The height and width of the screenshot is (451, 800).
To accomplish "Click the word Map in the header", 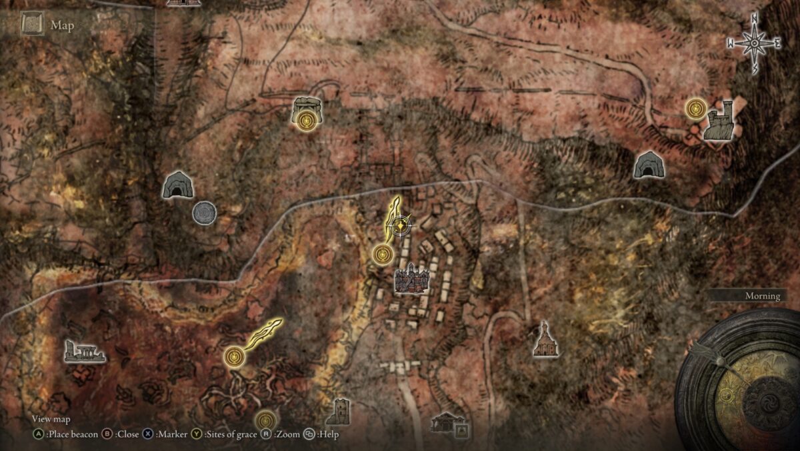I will [62, 26].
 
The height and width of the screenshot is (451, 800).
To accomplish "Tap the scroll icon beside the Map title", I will [32, 25].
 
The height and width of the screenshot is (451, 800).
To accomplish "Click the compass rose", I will [754, 44].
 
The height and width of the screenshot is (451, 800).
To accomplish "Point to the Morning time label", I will [762, 296].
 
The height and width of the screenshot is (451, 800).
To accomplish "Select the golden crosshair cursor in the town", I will [399, 226].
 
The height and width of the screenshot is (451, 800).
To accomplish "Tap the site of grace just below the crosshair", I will [383, 254].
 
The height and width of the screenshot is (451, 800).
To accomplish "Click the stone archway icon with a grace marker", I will [307, 112].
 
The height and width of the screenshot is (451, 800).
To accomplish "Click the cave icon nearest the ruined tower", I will [648, 165].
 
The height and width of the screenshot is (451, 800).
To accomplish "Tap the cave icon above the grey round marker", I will [177, 185].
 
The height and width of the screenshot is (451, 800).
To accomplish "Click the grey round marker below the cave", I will [204, 213].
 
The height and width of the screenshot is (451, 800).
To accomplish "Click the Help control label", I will [328, 434].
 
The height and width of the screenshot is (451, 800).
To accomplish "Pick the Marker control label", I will [170, 434].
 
